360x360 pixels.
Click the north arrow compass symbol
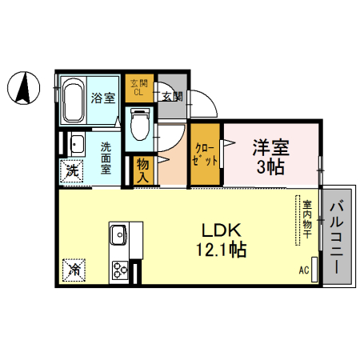(x=23, y=88)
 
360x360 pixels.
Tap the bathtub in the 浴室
(x=73, y=100)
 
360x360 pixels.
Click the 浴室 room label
(x=103, y=98)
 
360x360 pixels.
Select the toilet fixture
(x=139, y=124)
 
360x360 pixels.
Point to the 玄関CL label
(x=139, y=88)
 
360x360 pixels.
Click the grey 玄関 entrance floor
(x=172, y=96)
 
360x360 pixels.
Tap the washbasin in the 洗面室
(x=77, y=145)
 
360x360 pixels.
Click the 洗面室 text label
(x=106, y=158)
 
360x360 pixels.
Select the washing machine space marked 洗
(x=71, y=171)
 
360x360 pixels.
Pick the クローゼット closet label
(x=205, y=154)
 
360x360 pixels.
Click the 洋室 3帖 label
(x=270, y=157)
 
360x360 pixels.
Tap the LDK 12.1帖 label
(x=222, y=240)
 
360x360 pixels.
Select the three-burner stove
(x=120, y=270)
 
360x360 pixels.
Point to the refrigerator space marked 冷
(x=74, y=270)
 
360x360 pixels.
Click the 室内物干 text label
(x=307, y=219)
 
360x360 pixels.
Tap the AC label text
(x=304, y=270)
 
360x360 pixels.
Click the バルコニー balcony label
(x=337, y=237)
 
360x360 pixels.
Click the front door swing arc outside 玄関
(x=211, y=101)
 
